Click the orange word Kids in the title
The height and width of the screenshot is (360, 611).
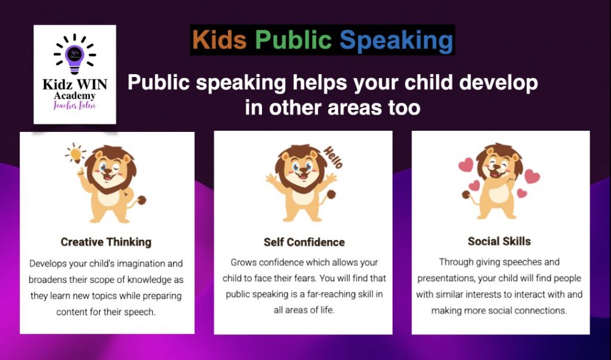220,39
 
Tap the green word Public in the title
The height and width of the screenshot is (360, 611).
294,41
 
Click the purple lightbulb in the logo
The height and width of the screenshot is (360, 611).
75,58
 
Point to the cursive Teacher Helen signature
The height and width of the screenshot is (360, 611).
75,105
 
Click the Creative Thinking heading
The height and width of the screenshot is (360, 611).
106,242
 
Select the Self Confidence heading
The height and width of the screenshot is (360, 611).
304,242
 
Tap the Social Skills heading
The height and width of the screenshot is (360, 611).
499,241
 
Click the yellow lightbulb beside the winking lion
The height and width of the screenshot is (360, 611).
75,153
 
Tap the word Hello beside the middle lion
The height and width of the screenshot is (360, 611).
333,157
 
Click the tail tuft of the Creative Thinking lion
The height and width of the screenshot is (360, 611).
141,201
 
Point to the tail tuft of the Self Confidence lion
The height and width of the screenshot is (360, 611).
331,194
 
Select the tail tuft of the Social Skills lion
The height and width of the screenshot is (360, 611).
465,195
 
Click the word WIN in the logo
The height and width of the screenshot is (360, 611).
91,84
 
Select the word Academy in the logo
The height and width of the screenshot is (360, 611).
75,96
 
